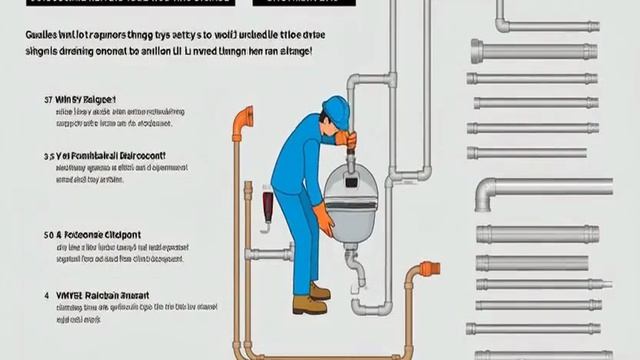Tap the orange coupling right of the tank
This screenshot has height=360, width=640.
(x=429, y=268)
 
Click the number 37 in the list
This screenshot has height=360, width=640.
(x=47, y=100)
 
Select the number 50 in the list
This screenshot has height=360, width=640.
(x=47, y=235)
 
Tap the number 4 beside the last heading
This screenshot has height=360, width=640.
(x=47, y=297)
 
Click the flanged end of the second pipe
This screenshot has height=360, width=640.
(x=477, y=50)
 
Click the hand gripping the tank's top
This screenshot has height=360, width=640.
(x=345, y=140)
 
